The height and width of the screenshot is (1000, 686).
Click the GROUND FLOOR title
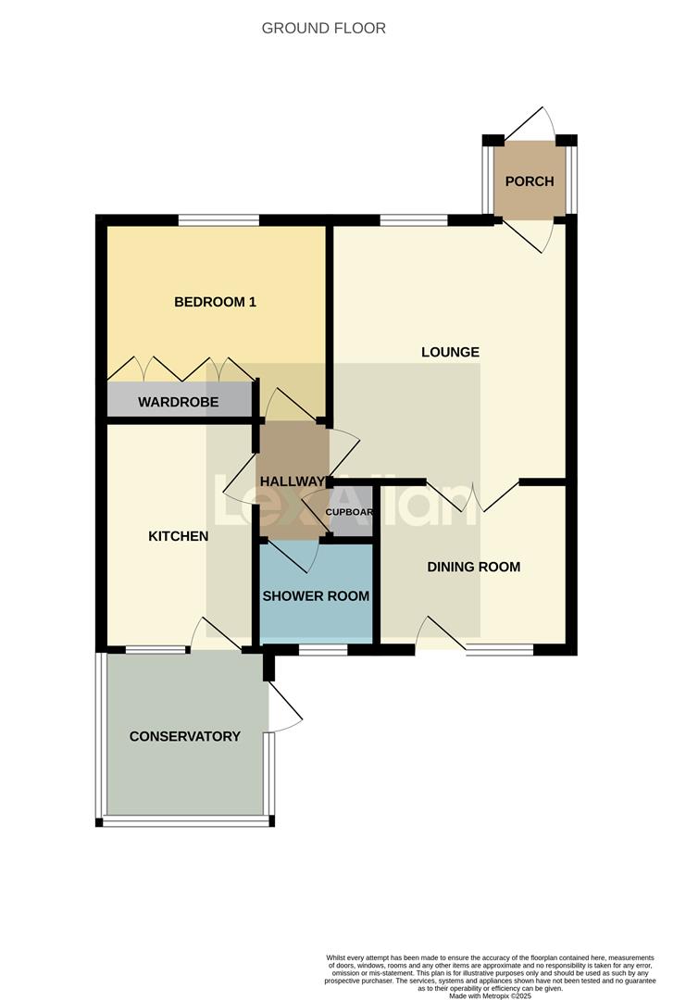tap(323, 29)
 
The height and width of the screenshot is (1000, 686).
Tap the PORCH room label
tap(529, 181)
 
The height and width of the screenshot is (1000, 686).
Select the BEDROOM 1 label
tap(215, 302)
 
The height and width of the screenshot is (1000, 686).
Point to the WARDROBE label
tap(179, 402)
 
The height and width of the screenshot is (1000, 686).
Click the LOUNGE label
tap(450, 352)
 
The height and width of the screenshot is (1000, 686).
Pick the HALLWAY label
tap(293, 481)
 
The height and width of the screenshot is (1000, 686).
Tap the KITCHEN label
tap(179, 536)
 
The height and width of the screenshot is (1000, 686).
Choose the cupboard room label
tap(350, 512)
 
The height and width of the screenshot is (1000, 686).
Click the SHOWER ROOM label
tap(316, 596)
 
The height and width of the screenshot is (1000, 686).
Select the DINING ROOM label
tap(473, 567)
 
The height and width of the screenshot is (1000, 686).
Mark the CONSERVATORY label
tap(184, 736)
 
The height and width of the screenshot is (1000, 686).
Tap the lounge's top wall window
tap(413, 220)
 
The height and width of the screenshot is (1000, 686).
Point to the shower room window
tap(322, 650)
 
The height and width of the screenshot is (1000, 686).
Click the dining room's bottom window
tap(499, 650)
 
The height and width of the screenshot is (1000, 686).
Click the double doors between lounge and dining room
tap(472, 497)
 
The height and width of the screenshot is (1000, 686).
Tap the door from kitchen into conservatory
tap(215, 634)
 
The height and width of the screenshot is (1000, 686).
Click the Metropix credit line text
tap(490, 995)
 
